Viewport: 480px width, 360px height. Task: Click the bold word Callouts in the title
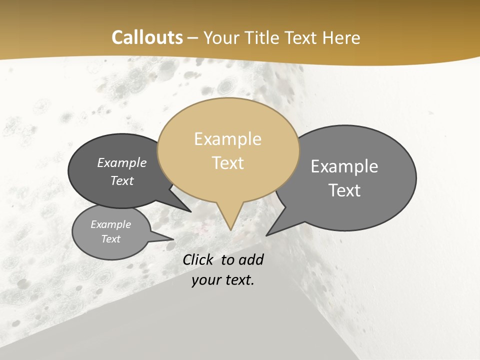(x=147, y=37)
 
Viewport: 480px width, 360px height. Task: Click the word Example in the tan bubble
(x=228, y=139)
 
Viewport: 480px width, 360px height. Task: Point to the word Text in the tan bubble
(x=228, y=163)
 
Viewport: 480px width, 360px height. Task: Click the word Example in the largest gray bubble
(x=344, y=166)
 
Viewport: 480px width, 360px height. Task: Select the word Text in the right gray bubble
(x=344, y=190)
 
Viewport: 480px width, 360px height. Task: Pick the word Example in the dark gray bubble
(x=122, y=162)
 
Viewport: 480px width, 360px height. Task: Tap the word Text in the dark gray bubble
(x=122, y=180)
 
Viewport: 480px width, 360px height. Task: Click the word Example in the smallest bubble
(x=111, y=224)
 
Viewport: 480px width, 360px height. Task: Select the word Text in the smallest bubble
(x=111, y=239)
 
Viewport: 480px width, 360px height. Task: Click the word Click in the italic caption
(x=199, y=259)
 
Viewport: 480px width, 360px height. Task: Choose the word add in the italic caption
(x=251, y=259)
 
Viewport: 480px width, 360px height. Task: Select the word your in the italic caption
(x=206, y=280)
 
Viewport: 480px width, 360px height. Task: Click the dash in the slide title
(x=193, y=38)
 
